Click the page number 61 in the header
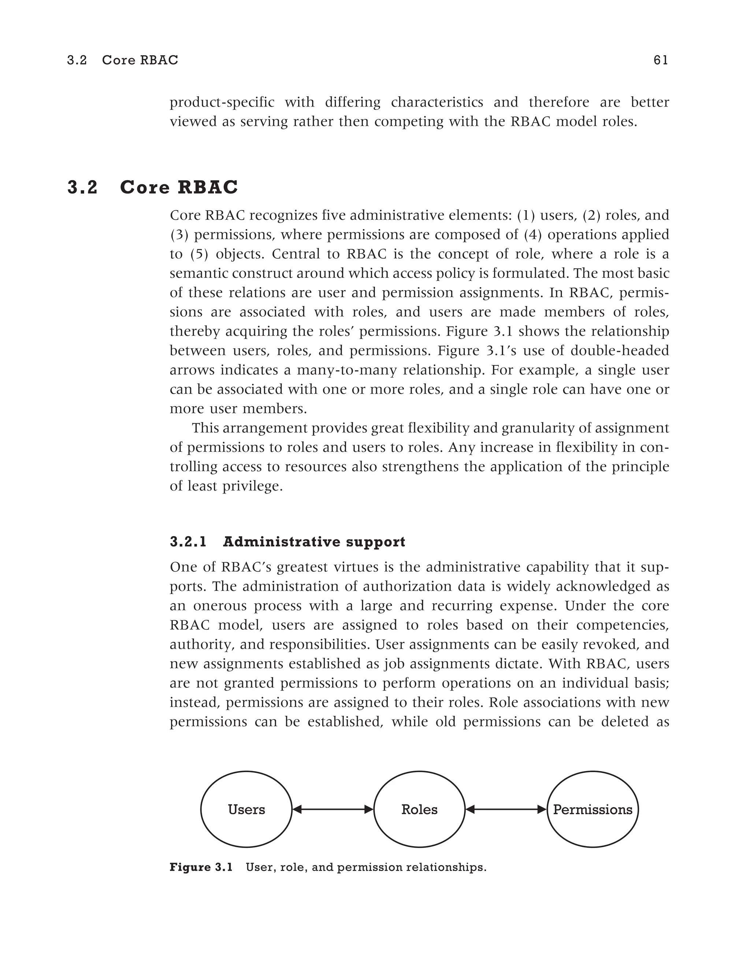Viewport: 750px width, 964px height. [660, 60]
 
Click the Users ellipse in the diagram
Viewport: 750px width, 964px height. [246, 809]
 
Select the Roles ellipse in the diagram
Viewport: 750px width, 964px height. [419, 809]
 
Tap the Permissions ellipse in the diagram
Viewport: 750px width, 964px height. [593, 809]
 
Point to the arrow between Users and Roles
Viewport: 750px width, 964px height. [333, 809]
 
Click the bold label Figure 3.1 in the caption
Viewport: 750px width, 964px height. [201, 867]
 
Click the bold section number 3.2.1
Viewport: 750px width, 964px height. [188, 542]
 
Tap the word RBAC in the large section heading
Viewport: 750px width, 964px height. [208, 187]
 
